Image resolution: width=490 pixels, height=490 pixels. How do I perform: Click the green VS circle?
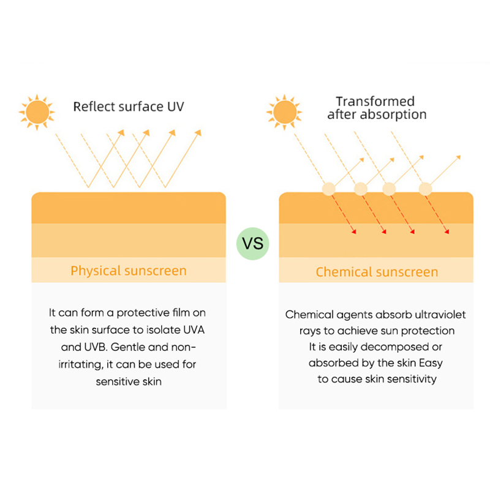coord(252,243)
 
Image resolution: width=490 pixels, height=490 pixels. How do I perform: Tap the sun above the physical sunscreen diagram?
coord(37,112)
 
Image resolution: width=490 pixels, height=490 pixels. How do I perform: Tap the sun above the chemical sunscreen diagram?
coord(284,112)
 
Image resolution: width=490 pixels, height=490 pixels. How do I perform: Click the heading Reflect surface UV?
coord(129,107)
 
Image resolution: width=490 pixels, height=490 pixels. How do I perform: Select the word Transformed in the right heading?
coord(375,101)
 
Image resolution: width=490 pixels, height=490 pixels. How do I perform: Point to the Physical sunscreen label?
coord(129,271)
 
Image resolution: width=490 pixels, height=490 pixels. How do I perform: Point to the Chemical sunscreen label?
coord(377,272)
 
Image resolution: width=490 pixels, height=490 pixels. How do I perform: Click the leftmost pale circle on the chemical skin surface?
coord(329,189)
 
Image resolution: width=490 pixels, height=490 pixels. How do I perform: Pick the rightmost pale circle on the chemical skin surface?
coord(425,189)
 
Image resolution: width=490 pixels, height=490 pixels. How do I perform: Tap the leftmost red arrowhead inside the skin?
coord(354,232)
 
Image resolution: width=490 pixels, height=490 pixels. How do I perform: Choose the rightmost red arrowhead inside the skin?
coord(447,232)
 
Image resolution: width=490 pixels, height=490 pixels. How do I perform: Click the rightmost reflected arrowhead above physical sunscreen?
coord(198,133)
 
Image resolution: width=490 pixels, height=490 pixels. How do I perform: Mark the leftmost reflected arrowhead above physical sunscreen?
coord(121,133)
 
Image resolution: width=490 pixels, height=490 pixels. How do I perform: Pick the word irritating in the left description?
coord(80,364)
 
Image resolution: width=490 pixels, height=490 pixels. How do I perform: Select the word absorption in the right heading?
coord(393,115)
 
